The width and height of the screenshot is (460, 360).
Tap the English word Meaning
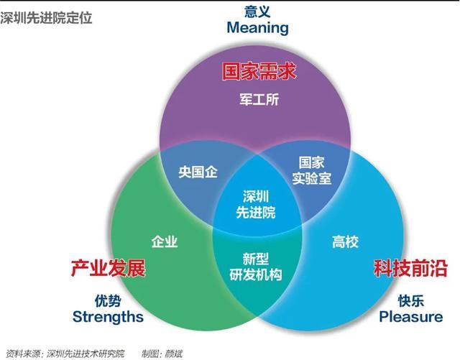click(x=257, y=28)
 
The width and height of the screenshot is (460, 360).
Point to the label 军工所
click(x=259, y=101)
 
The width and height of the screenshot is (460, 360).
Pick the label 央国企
click(x=198, y=172)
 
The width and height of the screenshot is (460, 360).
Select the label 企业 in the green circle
click(x=165, y=241)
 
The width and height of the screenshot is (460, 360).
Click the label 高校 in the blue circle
click(x=345, y=241)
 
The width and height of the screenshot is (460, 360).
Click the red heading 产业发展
click(x=108, y=269)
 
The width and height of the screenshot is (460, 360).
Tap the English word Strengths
click(x=108, y=316)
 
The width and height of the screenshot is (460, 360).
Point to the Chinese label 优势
click(x=108, y=299)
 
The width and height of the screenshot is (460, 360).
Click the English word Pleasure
click(x=410, y=317)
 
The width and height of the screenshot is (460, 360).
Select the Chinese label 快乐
click(x=410, y=300)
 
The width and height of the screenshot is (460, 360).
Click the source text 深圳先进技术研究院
click(x=86, y=352)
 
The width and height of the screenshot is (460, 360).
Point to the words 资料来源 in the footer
click(x=22, y=352)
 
